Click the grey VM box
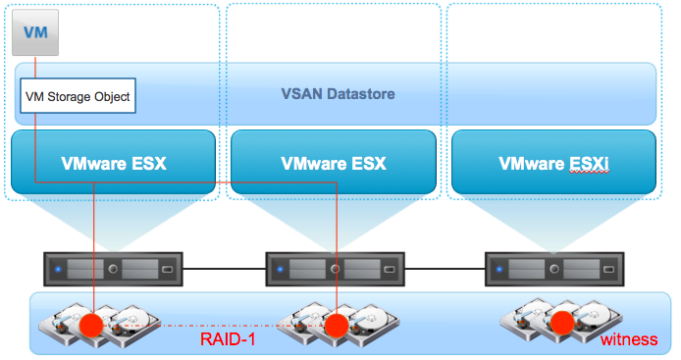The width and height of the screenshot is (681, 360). pyautogui.click(x=35, y=32)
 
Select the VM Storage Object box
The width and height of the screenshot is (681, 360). pyautogui.click(x=78, y=96)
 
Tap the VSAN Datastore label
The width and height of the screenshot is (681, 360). pyautogui.click(x=338, y=94)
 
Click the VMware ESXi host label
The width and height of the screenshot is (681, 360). pyautogui.click(x=553, y=164)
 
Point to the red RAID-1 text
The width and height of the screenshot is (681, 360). pyautogui.click(x=228, y=339)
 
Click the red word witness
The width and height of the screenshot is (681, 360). pyautogui.click(x=629, y=339)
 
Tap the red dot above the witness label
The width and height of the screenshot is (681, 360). pyautogui.click(x=562, y=323)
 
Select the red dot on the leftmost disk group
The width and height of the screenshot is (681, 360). pyautogui.click(x=91, y=325)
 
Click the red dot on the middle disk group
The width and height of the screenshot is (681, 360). pyautogui.click(x=337, y=326)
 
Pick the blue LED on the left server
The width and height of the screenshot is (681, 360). pyautogui.click(x=58, y=269)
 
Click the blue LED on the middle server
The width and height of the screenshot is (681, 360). pyautogui.click(x=280, y=269)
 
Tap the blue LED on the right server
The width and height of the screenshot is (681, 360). pyautogui.click(x=499, y=269)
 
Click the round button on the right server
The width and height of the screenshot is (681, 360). pyautogui.click(x=554, y=269)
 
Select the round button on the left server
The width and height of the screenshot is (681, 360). pyautogui.click(x=113, y=269)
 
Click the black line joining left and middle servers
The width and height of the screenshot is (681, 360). pyautogui.click(x=224, y=269)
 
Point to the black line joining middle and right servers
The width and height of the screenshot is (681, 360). pyautogui.click(x=445, y=269)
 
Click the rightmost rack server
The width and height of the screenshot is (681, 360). pyautogui.click(x=554, y=269)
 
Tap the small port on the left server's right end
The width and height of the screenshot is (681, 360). pyautogui.click(x=167, y=270)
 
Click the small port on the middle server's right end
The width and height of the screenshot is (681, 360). pyautogui.click(x=390, y=270)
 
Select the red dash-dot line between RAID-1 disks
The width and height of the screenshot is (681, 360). pyautogui.click(x=214, y=326)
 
